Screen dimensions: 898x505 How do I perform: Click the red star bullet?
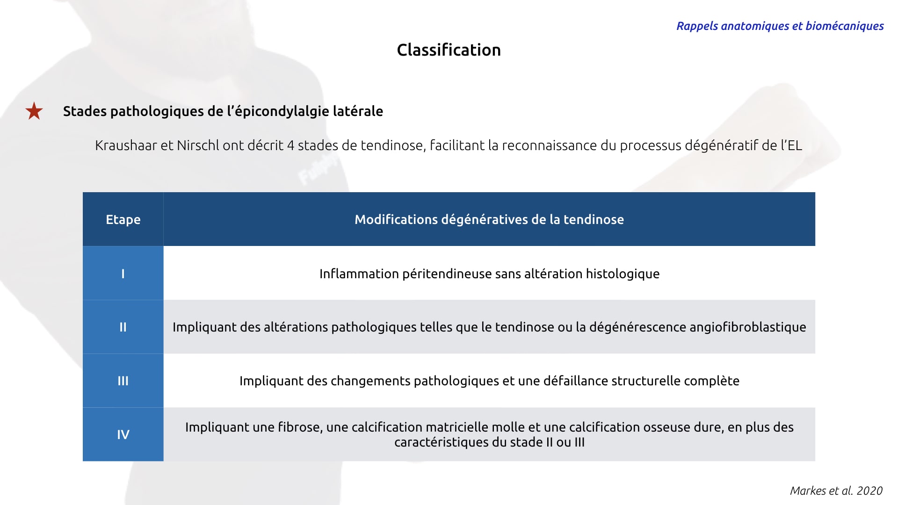34,111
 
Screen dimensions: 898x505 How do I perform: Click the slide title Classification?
449,50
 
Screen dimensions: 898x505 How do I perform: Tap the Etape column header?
123,219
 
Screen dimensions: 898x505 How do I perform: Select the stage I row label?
123,274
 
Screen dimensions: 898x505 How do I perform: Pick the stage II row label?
123,327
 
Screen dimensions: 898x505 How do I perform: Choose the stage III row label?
123,381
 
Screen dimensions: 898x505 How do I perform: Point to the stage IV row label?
123,435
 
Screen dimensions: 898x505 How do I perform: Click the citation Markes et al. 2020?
836,491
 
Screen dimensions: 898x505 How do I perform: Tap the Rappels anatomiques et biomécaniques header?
780,26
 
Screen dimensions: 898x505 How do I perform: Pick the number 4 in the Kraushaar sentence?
290,145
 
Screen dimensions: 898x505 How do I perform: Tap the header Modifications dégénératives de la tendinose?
489,219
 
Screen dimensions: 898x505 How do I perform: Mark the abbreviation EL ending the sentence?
795,145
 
